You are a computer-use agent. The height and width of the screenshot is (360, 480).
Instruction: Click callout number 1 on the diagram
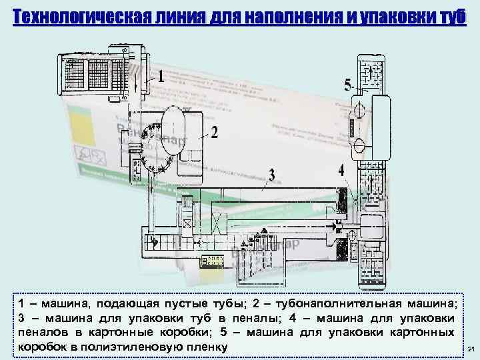[x=161, y=77]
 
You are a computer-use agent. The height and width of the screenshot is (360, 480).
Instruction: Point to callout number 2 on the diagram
[x=214, y=133]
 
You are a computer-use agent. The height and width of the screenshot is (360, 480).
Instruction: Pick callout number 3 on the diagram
[x=271, y=175]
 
